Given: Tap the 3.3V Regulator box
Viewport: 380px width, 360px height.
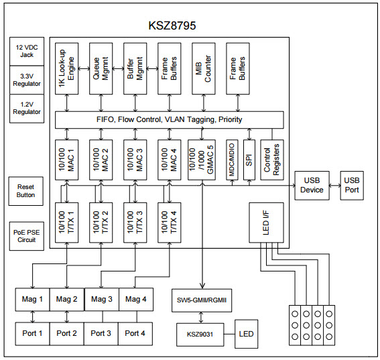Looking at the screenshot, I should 27,80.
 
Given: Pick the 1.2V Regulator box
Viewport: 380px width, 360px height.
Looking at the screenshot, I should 27,107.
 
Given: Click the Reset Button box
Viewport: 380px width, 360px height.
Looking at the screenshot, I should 26,192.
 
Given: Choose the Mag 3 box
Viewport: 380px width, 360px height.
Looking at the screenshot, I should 101,299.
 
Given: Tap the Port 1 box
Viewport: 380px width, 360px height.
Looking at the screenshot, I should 31,333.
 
